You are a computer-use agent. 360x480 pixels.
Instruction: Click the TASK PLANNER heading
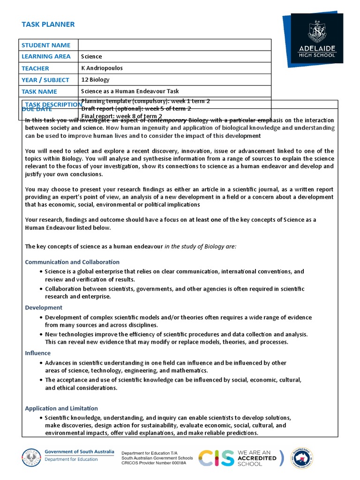click(x=48, y=24)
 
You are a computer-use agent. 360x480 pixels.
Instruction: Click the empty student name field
click(x=174, y=45)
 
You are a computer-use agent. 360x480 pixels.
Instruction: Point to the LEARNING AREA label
click(x=46, y=56)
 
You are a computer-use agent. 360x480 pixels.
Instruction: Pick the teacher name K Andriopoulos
click(x=102, y=68)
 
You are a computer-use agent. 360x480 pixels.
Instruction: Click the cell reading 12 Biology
click(x=95, y=80)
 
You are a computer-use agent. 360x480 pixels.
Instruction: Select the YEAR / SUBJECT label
click(x=45, y=80)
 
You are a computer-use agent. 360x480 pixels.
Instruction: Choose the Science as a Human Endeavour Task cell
click(x=130, y=91)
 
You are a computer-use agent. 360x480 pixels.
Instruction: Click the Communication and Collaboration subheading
click(x=72, y=262)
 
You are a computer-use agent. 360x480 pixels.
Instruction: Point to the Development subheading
click(x=44, y=307)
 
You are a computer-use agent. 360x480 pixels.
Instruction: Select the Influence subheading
click(x=38, y=353)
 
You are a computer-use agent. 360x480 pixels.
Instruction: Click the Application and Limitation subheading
click(x=61, y=408)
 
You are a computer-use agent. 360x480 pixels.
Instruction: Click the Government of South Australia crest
click(x=31, y=457)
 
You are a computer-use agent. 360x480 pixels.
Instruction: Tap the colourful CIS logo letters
click(x=216, y=457)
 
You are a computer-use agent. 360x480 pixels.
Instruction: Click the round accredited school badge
click(x=301, y=457)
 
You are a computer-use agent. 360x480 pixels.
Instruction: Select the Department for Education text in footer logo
click(x=71, y=459)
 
